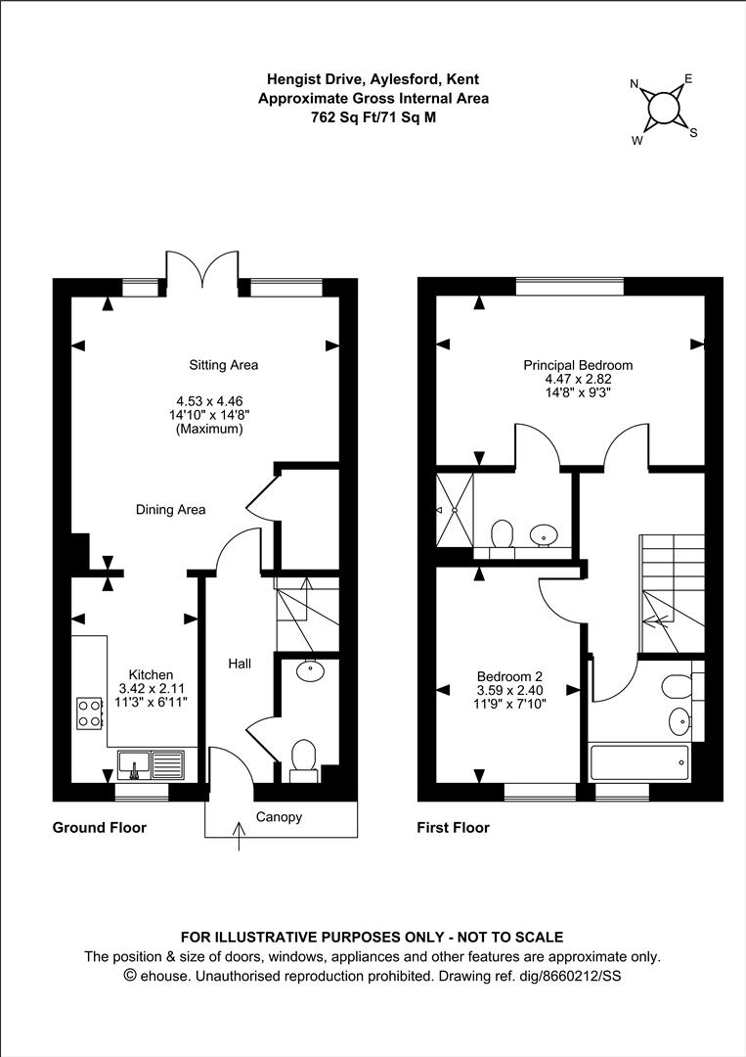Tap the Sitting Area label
pos(223,365)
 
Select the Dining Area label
pos(170,509)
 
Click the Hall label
pos(240,664)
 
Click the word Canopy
pos(279,817)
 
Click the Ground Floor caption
pos(99,828)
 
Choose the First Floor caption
pos(453,828)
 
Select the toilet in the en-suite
pos(503,535)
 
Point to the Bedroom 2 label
pos(509,676)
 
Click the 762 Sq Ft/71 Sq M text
pos(373,116)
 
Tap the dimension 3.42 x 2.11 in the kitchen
pos(145,688)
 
